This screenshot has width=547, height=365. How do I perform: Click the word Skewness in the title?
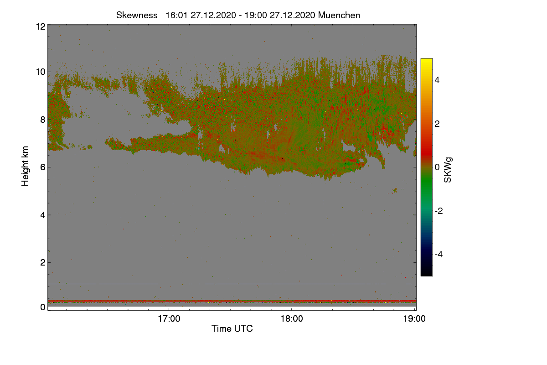point(137,16)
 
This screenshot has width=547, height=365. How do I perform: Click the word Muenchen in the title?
point(339,16)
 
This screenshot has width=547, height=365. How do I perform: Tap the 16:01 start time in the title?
point(176,16)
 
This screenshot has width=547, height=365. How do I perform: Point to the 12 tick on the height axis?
point(41,26)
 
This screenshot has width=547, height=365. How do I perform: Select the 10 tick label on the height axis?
point(41,72)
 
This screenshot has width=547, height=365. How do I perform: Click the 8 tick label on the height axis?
point(43,120)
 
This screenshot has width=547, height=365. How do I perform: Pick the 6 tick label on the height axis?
point(43,167)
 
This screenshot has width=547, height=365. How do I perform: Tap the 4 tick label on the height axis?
point(43,215)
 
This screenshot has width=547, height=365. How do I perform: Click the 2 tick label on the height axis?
point(43,262)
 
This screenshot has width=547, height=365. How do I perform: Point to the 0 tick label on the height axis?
point(43,308)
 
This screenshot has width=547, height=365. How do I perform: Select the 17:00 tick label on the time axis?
point(169,319)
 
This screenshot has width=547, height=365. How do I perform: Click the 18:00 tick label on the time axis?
point(292,319)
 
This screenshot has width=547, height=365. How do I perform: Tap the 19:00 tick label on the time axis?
point(414,319)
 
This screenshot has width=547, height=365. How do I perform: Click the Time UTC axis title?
point(232,328)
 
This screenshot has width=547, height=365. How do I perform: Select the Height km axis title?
point(25,166)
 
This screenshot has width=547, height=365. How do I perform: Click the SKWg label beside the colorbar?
point(448,170)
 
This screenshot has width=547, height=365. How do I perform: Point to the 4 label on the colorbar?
point(437,80)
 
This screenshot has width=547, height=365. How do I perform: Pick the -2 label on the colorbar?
point(439,211)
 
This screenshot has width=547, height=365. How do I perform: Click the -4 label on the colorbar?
point(439,255)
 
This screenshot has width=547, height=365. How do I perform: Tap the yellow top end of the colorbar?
point(426,60)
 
